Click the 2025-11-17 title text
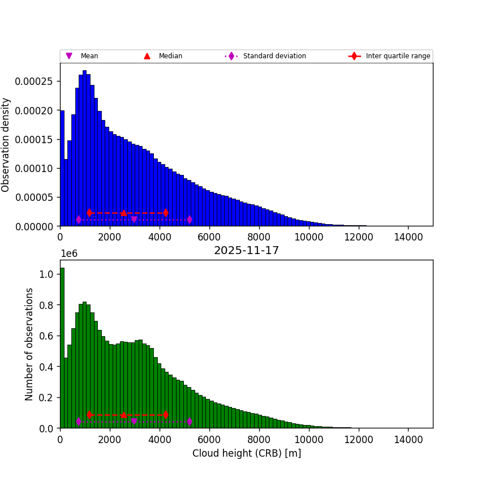pos(246,251)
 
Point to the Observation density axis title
pos(6,145)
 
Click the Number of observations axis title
pos(29,344)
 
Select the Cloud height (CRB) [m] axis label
pos(246,453)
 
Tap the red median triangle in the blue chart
pos(123,213)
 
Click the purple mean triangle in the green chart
pos(134,422)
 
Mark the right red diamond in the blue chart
pos(165,213)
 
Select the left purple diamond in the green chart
pos(79,422)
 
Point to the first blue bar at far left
pos(62,170)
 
